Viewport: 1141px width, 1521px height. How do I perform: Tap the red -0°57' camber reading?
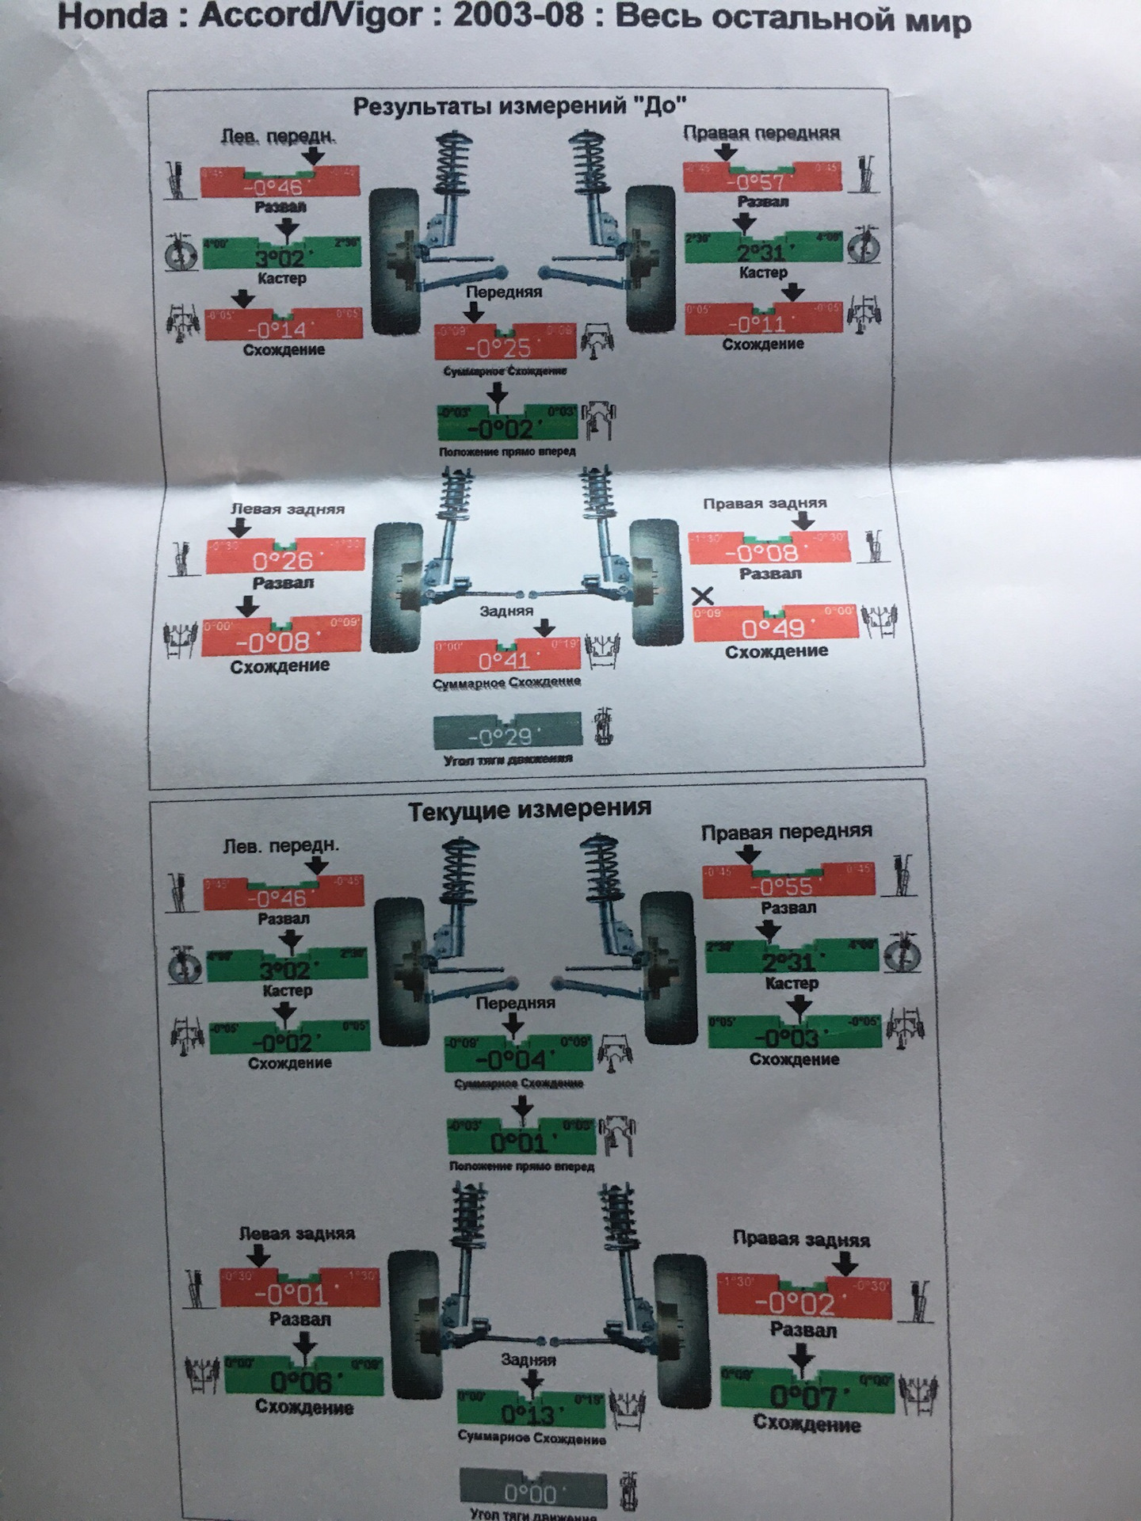(760, 181)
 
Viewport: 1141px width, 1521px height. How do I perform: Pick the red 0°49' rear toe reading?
(773, 628)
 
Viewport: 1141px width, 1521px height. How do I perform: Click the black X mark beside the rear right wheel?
(703, 596)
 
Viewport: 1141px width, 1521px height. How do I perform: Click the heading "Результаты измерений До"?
(518, 106)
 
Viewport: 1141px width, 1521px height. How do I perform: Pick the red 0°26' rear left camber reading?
(283, 561)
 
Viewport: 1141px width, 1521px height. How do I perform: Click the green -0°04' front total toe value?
(515, 1059)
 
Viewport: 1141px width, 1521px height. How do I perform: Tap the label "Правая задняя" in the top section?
(764, 503)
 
